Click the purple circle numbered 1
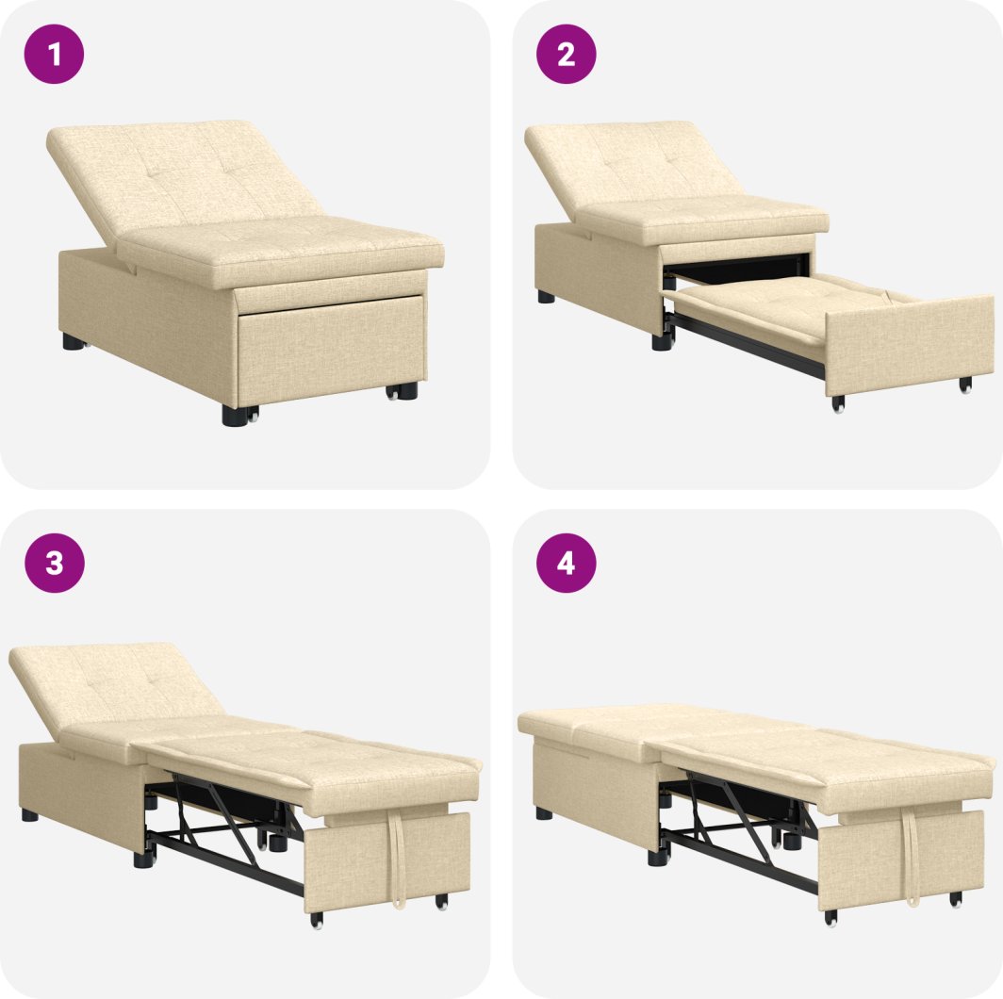(54, 55)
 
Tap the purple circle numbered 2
(567, 55)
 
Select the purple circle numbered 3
(55, 563)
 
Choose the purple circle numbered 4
(567, 563)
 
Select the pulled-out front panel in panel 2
(910, 345)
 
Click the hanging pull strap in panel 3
(397, 857)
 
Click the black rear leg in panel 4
(544, 813)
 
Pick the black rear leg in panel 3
(29, 815)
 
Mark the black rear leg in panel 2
(546, 297)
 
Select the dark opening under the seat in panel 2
(735, 268)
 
